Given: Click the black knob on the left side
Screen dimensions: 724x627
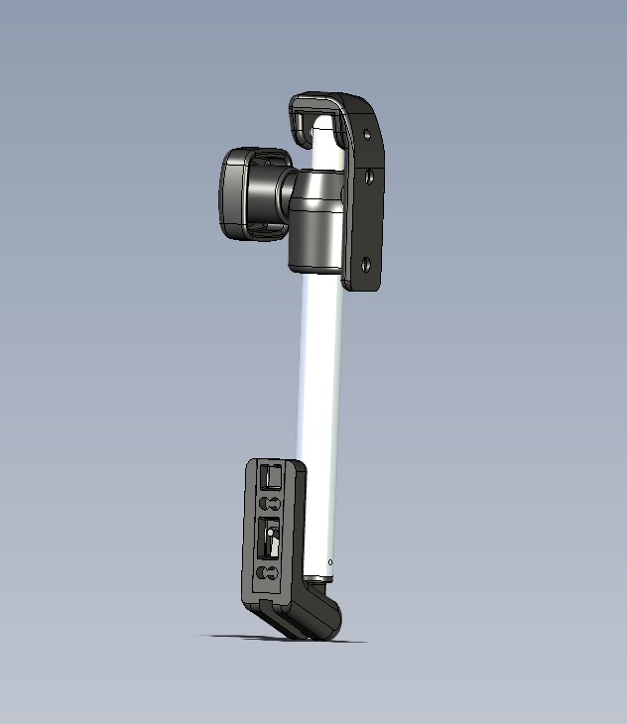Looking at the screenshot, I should (x=248, y=194).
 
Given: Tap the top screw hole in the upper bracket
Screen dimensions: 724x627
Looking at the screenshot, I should (x=367, y=133).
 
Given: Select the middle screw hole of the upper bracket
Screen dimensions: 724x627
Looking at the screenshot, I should (x=368, y=178).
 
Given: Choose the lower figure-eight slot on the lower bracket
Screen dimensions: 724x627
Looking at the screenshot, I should (x=267, y=574).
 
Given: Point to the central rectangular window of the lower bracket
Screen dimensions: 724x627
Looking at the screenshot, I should (x=269, y=541).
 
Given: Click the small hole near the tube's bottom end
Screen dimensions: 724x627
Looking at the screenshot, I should (x=330, y=561).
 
